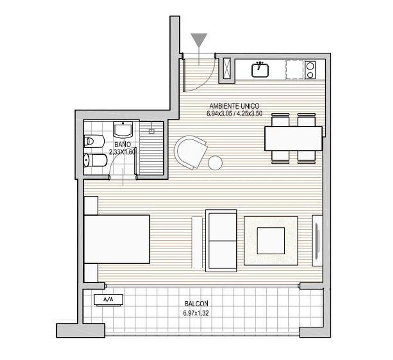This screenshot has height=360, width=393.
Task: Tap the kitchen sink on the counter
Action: [260, 70]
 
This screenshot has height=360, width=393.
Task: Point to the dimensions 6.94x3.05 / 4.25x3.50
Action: [234, 113]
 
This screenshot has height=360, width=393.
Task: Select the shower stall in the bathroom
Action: [152, 148]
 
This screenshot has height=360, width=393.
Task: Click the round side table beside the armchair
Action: [215, 163]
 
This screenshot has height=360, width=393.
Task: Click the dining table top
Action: [293, 138]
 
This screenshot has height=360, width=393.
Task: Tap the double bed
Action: [117, 239]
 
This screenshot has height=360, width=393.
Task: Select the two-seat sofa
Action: [221, 240]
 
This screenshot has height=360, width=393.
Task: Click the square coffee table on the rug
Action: [271, 241]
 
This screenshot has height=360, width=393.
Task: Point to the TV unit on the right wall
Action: [317, 240]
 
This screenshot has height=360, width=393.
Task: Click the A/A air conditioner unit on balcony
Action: [108, 299]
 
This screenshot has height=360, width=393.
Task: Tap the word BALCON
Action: [196, 304]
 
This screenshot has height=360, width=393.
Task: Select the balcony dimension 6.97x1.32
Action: [196, 313]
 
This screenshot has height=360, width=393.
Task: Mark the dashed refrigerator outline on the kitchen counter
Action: [295, 70]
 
